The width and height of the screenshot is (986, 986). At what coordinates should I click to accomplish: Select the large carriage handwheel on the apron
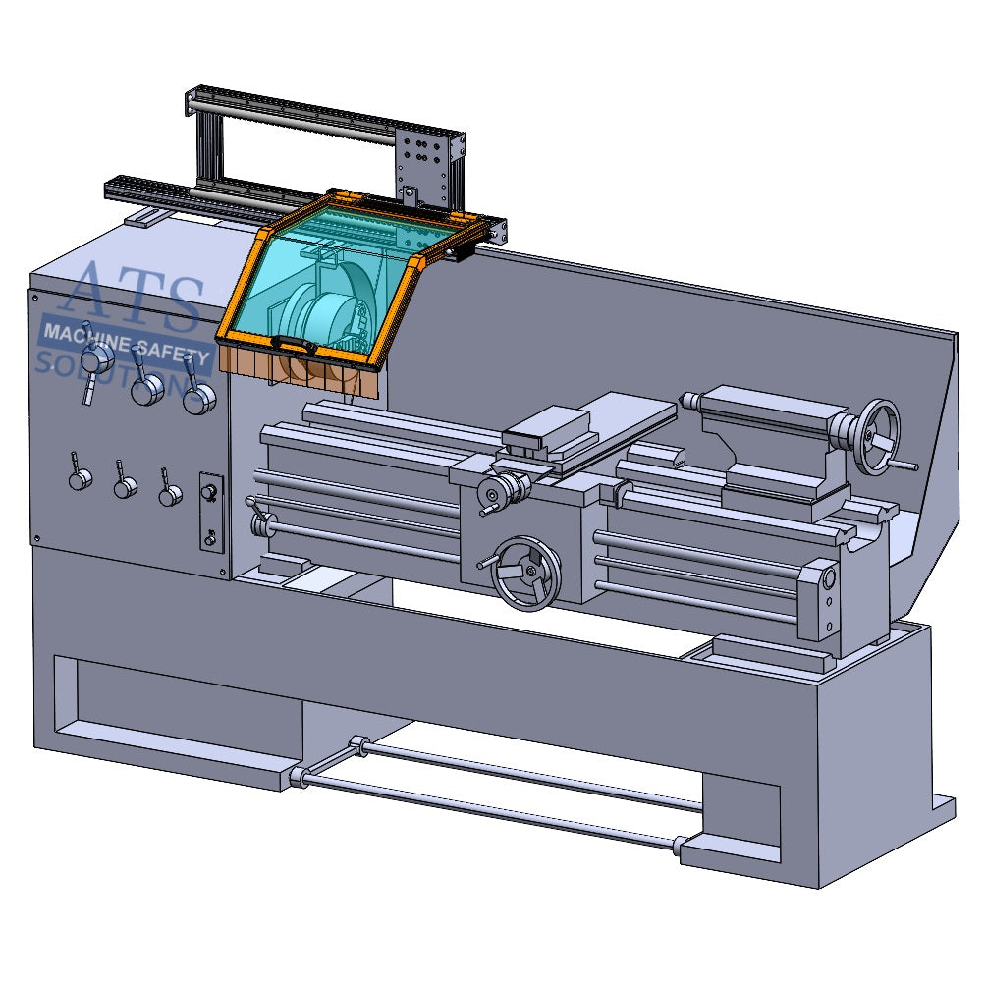coord(526,572)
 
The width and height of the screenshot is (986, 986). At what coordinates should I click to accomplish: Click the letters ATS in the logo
coord(137,295)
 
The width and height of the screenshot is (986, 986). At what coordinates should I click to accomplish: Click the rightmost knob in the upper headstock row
coord(199,398)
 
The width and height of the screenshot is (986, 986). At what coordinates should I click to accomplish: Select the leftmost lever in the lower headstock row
coord(79,477)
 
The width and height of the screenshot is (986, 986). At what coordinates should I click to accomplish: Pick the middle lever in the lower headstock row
coord(125,486)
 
